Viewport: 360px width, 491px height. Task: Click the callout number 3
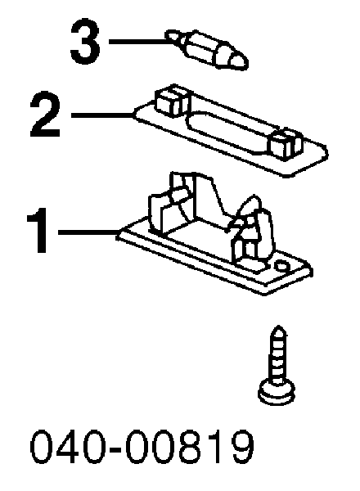[85, 41]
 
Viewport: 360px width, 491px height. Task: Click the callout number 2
[45, 115]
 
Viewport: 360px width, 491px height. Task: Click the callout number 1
[38, 230]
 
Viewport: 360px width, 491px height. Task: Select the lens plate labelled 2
[231, 131]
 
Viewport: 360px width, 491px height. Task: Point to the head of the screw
[277, 392]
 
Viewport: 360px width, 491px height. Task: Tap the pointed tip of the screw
[278, 327]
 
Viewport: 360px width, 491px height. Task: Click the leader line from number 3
[138, 41]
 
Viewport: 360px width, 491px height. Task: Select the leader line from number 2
[102, 115]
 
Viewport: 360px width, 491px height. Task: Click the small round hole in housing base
[281, 265]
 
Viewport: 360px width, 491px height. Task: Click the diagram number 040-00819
[142, 446]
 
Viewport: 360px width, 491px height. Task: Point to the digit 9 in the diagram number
[242, 446]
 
